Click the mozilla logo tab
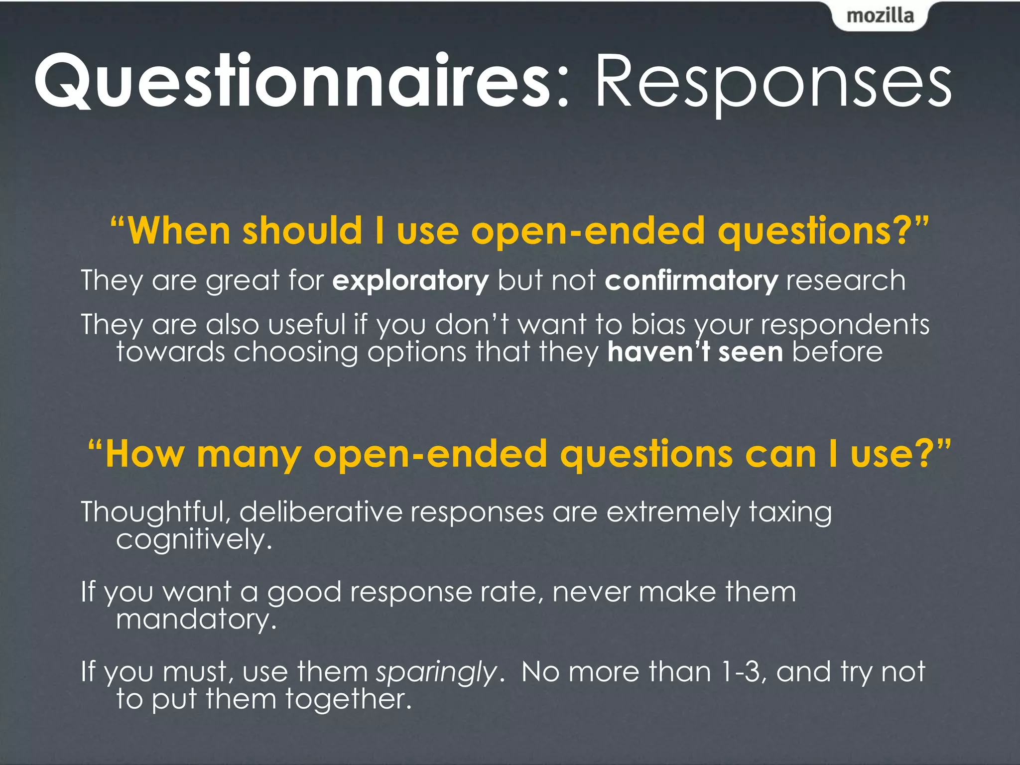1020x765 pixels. pyautogui.click(x=880, y=16)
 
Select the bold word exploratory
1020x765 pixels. pyautogui.click(x=410, y=281)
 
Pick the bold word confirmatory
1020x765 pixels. pyautogui.click(x=691, y=281)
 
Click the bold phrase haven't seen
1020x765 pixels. pyautogui.click(x=695, y=352)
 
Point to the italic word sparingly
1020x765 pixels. pyautogui.click(x=436, y=672)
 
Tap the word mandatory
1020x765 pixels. pyautogui.click(x=196, y=620)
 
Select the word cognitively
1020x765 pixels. pyautogui.click(x=194, y=540)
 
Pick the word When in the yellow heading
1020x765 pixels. pyautogui.click(x=179, y=231)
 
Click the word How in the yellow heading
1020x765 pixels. pyautogui.click(x=144, y=454)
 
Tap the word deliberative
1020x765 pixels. pyautogui.click(x=321, y=512)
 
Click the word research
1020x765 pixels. pyautogui.click(x=845, y=281)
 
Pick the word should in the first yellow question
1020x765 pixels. pyautogui.click(x=302, y=231)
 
